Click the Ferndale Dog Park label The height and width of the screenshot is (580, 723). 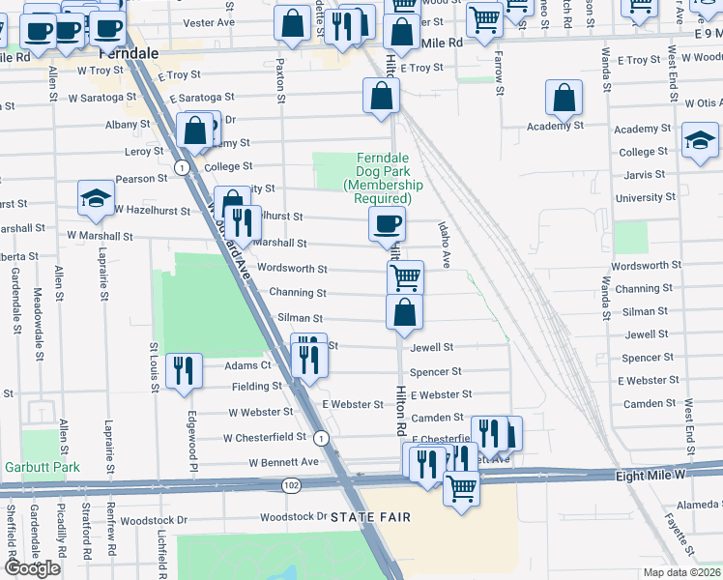[383, 178]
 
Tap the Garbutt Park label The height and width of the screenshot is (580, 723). [53, 467]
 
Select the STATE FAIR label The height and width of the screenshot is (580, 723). [365, 518]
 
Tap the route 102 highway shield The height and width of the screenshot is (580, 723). [290, 483]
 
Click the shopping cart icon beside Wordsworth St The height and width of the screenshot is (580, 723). [406, 277]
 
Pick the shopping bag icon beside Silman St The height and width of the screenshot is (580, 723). [404, 311]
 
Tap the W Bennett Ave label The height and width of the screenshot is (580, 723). [283, 462]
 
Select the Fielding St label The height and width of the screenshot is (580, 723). [257, 386]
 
